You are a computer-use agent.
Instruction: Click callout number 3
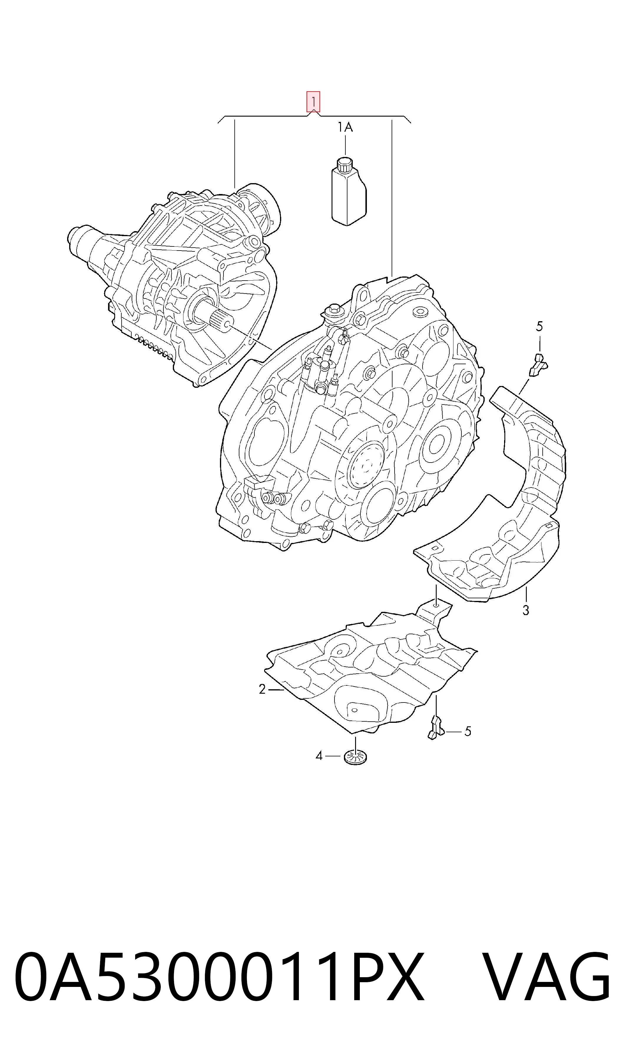point(526,610)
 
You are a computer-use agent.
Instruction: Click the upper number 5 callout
point(539,326)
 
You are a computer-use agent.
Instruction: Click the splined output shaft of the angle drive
point(219,317)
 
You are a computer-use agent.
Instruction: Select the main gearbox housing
point(350,413)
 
